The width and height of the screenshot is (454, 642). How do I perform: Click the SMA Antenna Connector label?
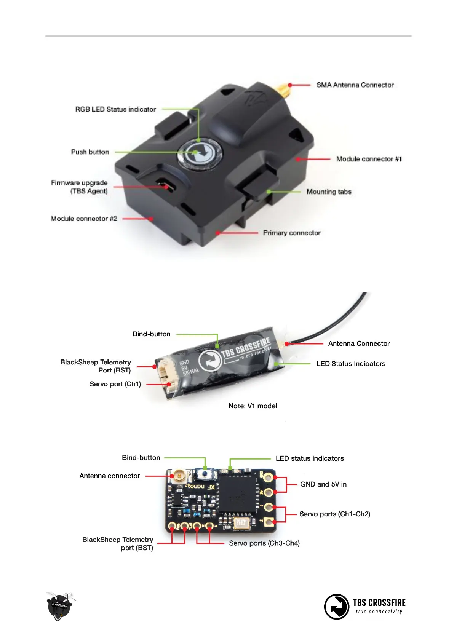[355, 85]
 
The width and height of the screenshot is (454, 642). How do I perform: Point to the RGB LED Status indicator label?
[115, 109]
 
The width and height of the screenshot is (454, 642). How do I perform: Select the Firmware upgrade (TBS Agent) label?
[79, 187]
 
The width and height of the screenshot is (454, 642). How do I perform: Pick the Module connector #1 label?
[369, 159]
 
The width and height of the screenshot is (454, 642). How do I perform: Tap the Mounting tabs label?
[329, 192]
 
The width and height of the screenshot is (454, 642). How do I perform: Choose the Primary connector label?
[292, 233]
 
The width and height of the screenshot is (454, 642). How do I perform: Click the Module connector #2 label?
[84, 219]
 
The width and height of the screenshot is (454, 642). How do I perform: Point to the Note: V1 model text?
[253, 406]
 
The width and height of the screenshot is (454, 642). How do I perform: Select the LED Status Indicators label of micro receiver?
[350, 364]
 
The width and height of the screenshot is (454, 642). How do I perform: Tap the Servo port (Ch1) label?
[115, 384]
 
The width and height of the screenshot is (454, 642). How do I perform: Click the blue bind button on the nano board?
[206, 474]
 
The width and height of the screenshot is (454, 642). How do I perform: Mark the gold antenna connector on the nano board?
[178, 476]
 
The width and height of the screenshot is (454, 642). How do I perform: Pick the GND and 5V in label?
[323, 484]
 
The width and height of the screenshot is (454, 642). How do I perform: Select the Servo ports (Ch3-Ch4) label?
[264, 543]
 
